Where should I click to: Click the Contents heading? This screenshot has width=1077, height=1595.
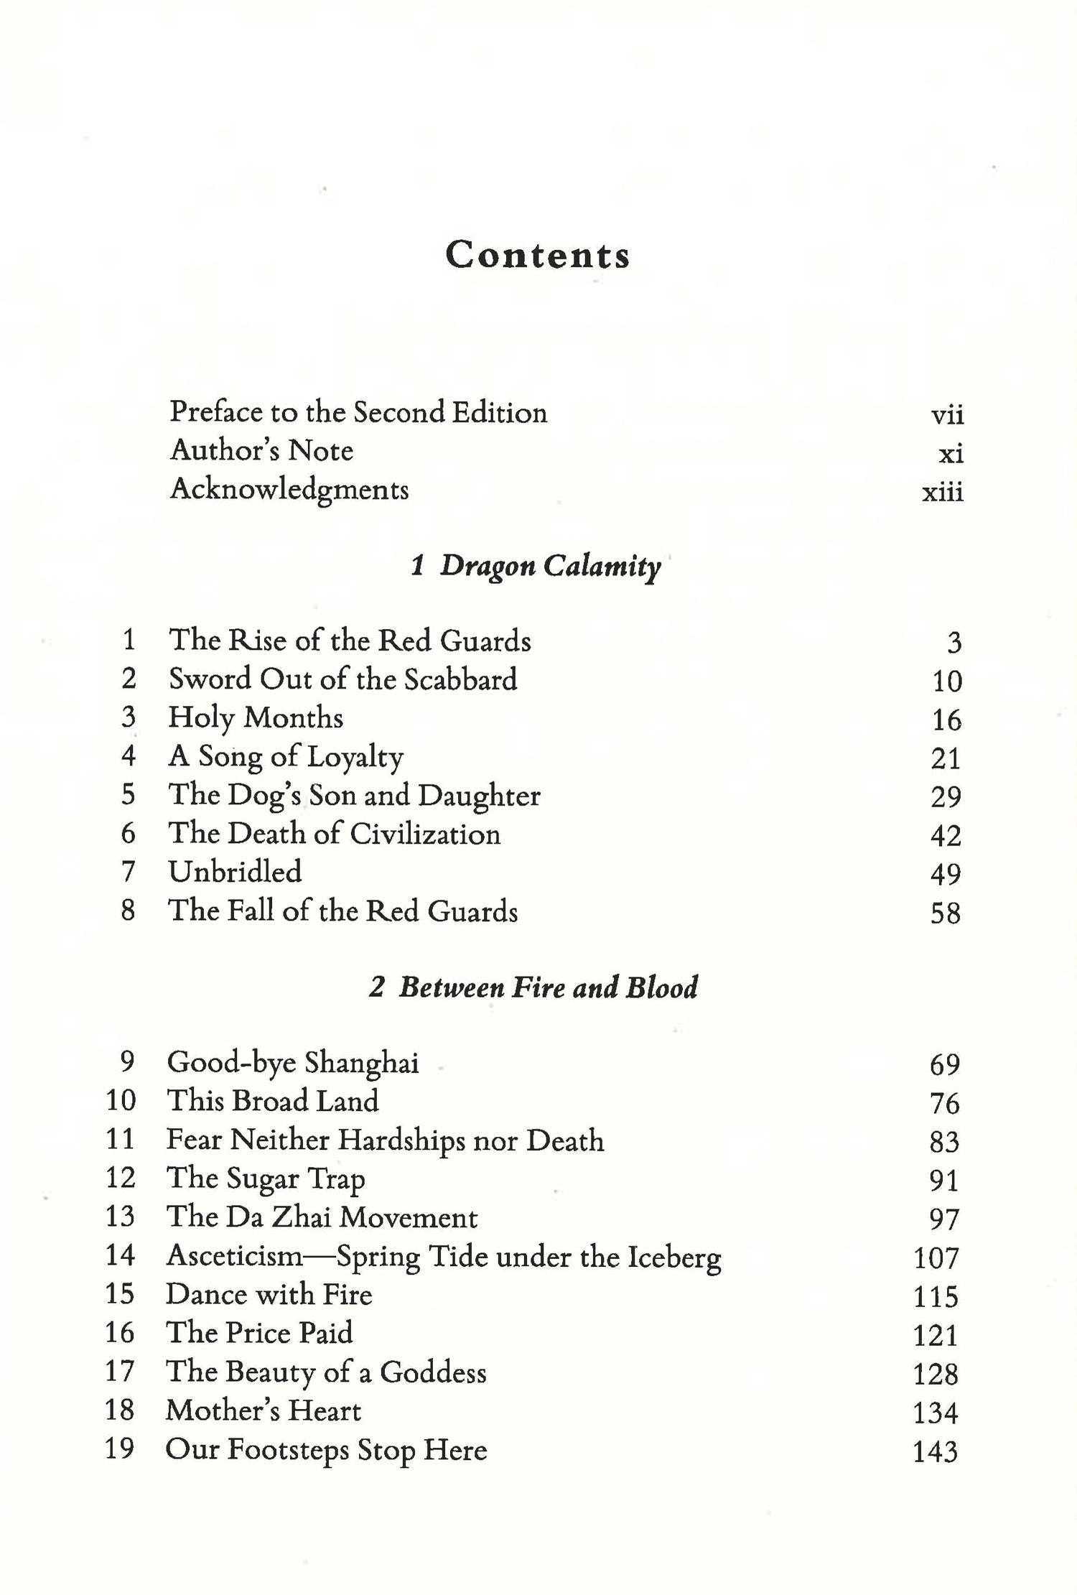point(537,256)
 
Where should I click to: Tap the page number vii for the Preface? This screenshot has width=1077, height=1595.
point(946,415)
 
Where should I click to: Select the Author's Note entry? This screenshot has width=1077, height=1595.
point(261,451)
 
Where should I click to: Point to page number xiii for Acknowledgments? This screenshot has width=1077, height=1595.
point(942,493)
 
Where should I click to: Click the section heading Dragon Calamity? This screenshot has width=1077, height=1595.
point(536,567)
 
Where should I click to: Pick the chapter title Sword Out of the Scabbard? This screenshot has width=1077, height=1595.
point(342,679)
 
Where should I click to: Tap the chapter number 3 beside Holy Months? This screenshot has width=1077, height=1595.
point(129,717)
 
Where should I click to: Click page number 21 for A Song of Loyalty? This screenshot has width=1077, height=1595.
point(945,758)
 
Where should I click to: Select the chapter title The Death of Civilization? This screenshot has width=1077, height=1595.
point(334,834)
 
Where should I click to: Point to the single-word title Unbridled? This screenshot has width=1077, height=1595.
point(235,872)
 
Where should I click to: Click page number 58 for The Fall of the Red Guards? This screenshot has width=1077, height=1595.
point(945,913)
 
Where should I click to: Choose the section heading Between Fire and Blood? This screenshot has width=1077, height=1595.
point(533,987)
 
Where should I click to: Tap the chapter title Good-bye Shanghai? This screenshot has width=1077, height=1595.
point(292,1063)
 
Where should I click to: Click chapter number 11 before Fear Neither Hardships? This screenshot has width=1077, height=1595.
point(120,1140)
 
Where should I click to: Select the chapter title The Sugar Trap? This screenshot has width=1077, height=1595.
point(265,1179)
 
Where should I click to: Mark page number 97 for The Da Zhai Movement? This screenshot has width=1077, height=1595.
point(944,1219)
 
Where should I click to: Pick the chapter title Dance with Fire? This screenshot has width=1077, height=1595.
point(269,1295)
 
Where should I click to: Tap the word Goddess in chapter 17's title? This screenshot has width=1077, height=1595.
point(432,1373)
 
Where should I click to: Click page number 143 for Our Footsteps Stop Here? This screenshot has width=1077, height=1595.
point(935,1452)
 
